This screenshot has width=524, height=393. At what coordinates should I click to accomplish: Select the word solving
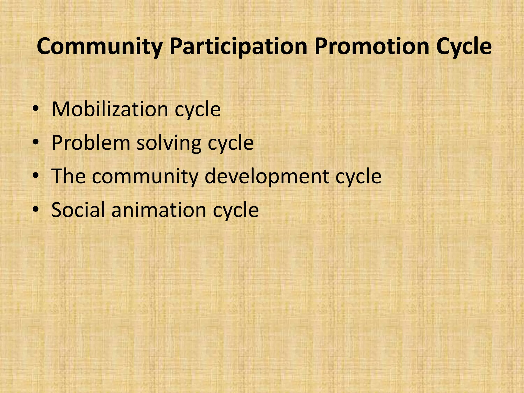click(x=169, y=143)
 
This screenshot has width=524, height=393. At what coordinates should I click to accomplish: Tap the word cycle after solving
click(x=231, y=144)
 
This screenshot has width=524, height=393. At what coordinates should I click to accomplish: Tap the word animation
click(x=159, y=210)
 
